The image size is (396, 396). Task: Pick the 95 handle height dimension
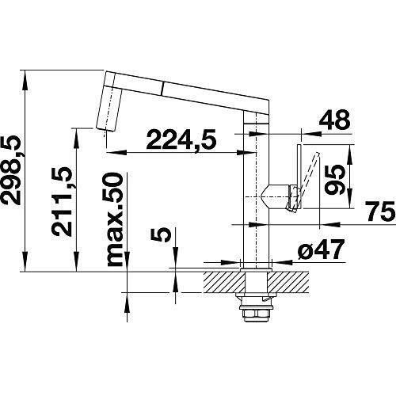[x=335, y=177]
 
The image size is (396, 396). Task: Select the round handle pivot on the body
[x=280, y=194]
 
